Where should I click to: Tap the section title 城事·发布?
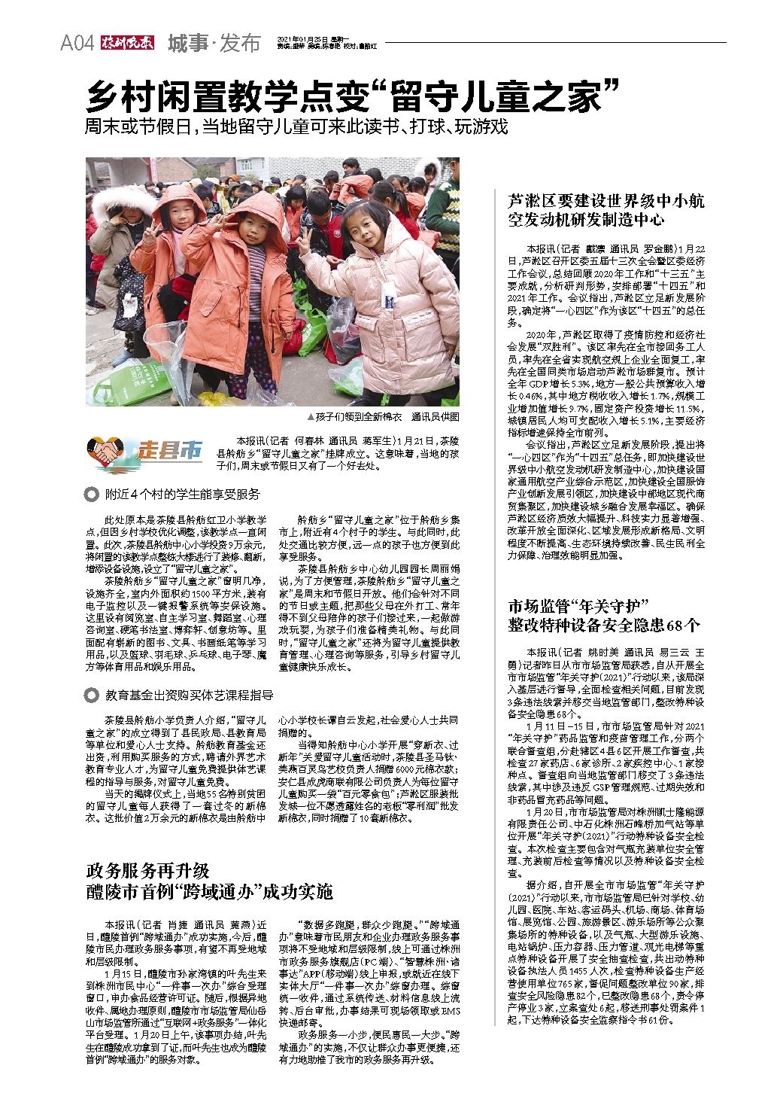pos(214,44)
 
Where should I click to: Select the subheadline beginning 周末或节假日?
pos(296,126)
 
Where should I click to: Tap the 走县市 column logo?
pos(145,451)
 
